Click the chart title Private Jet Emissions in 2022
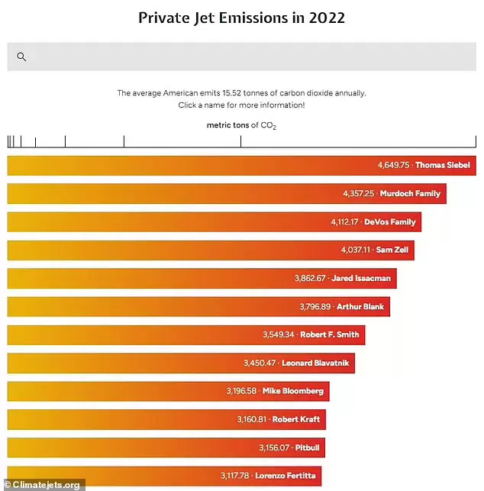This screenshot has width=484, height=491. point(241,18)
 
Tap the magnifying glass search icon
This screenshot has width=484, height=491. point(21,57)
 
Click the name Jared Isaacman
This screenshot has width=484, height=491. point(361,278)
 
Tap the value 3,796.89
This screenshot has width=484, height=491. point(315,306)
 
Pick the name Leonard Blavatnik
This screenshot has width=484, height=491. point(315,363)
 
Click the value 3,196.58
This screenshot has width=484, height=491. point(242,391)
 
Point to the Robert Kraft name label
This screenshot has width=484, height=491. point(297,419)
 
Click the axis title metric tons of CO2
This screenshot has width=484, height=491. point(241,124)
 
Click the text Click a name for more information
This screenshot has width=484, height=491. point(241,105)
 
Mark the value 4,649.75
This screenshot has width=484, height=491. point(394,165)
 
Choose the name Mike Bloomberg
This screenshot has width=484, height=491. point(293,391)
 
